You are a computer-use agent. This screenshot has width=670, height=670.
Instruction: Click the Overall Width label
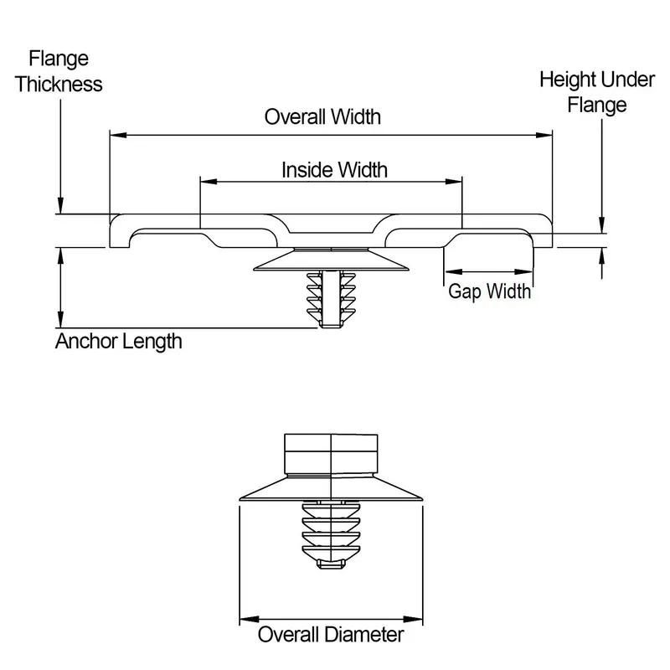322,116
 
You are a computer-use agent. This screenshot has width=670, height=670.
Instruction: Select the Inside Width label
334,170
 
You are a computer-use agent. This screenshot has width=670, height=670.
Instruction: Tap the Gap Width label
490,291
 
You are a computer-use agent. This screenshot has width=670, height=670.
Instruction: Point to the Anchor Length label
118,342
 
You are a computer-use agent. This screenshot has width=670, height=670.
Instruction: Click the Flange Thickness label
59,72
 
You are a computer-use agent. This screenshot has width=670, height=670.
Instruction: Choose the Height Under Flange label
596,92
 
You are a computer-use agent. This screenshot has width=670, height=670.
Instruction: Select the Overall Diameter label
330,634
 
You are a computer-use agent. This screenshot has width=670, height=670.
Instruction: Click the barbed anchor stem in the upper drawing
330,298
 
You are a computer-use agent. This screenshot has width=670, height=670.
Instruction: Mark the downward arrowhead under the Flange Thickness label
60,207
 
